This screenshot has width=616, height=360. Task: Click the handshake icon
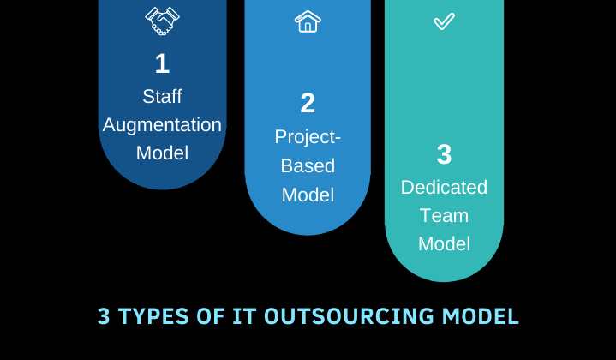[x=162, y=21]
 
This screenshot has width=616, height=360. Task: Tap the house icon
[x=308, y=21]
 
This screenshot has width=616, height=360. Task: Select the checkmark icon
[x=444, y=21]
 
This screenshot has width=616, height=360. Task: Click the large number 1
[x=162, y=63]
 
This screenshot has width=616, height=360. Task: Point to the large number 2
[x=308, y=103]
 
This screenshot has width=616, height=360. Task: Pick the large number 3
[x=445, y=154]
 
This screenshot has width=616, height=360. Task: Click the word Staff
[x=162, y=96]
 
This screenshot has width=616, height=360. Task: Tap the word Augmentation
[x=162, y=125]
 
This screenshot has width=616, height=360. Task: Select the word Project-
[x=308, y=137]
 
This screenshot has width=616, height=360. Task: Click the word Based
[x=308, y=165]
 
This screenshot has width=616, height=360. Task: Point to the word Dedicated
[x=444, y=187]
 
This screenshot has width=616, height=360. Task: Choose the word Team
[x=444, y=216]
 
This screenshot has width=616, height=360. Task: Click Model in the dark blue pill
[x=162, y=153]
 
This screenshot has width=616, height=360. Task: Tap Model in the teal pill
[x=444, y=243]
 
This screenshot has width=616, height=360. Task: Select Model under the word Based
[x=308, y=195]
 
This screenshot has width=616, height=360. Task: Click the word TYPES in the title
[x=153, y=316]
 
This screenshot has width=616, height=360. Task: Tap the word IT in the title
[x=244, y=316]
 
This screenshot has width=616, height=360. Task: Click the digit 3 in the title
[x=104, y=316]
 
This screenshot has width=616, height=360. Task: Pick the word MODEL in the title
[x=481, y=316]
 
